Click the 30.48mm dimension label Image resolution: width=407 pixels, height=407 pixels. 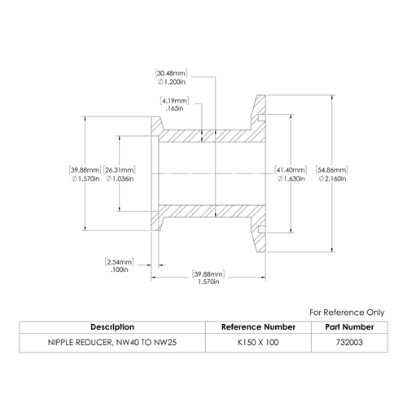click(x=171, y=73)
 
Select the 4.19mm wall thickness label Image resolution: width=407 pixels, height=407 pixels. click(x=174, y=101)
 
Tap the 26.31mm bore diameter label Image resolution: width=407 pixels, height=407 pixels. click(x=120, y=170)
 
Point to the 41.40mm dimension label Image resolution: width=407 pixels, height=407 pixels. click(x=291, y=170)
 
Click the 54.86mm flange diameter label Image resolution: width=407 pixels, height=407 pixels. click(x=332, y=170)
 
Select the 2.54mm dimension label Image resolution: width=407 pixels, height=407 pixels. click(x=120, y=262)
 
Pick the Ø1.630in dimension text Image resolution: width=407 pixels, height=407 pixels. click(x=291, y=178)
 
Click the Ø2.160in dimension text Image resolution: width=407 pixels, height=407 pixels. click(x=333, y=178)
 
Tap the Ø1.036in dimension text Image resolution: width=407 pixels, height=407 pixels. click(x=120, y=178)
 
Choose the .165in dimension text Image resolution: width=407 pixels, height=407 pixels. click(x=174, y=108)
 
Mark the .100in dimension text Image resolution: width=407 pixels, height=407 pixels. click(x=120, y=269)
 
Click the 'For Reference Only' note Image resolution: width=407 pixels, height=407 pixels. click(x=347, y=313)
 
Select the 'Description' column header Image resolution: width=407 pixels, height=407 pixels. click(x=112, y=327)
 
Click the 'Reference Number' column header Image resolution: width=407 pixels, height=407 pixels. click(x=258, y=327)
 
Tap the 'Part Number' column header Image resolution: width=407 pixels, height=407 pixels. click(x=349, y=327)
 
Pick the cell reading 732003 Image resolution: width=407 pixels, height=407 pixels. click(x=349, y=343)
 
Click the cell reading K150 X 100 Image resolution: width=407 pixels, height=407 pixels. click(x=258, y=343)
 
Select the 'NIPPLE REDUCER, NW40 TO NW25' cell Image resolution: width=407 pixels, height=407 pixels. click(x=112, y=343)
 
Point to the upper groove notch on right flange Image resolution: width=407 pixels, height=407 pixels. click(x=261, y=117)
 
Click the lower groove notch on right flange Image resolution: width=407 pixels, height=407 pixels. click(x=261, y=230)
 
